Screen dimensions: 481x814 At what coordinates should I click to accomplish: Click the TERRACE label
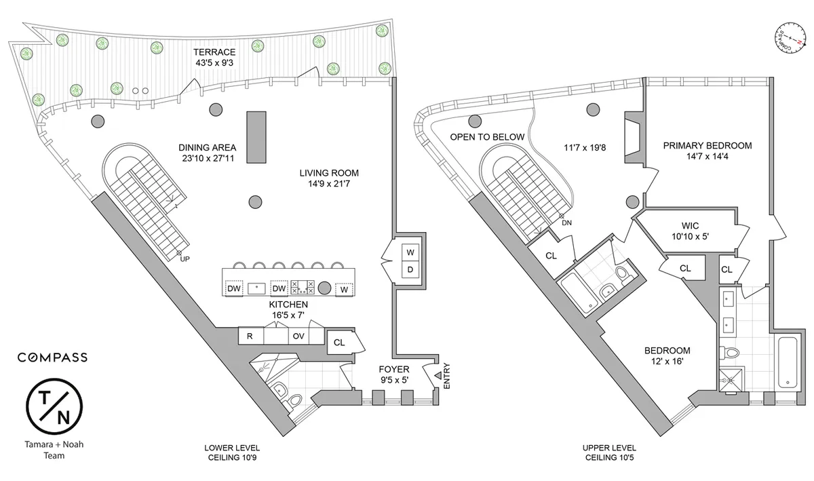(214, 52)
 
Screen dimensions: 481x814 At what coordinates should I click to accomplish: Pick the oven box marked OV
(298, 336)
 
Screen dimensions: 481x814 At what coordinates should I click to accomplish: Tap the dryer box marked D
(410, 270)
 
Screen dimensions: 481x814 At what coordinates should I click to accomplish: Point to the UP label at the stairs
(185, 258)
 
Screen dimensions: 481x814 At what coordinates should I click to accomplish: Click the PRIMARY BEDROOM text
(708, 145)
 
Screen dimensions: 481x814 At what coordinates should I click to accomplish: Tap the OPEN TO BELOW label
(487, 137)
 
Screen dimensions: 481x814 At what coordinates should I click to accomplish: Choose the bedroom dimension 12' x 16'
(667, 362)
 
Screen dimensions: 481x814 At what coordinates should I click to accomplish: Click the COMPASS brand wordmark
(52, 357)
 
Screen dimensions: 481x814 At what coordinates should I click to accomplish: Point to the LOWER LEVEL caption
(232, 448)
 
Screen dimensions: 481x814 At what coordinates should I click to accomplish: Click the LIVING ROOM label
(329, 172)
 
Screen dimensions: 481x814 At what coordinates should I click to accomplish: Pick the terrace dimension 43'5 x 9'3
(214, 64)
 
